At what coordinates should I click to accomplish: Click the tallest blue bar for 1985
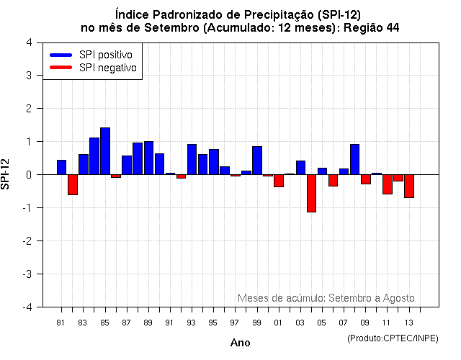(x=105, y=151)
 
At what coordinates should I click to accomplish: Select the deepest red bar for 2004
(x=311, y=193)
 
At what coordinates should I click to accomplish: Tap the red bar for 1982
(x=73, y=184)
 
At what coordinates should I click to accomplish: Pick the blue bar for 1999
(x=257, y=161)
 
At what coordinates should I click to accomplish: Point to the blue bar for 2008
(x=354, y=159)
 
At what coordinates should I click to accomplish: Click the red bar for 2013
(x=409, y=186)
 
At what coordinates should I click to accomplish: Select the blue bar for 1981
(x=62, y=167)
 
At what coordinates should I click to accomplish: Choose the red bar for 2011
(x=388, y=184)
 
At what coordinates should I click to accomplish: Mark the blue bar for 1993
(x=192, y=159)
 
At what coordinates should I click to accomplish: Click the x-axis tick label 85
(x=104, y=322)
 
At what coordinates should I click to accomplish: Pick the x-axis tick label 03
(x=300, y=322)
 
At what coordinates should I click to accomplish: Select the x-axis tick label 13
(x=408, y=322)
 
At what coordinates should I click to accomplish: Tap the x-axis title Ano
(x=240, y=343)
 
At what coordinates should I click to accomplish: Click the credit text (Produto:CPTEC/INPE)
(x=392, y=338)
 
